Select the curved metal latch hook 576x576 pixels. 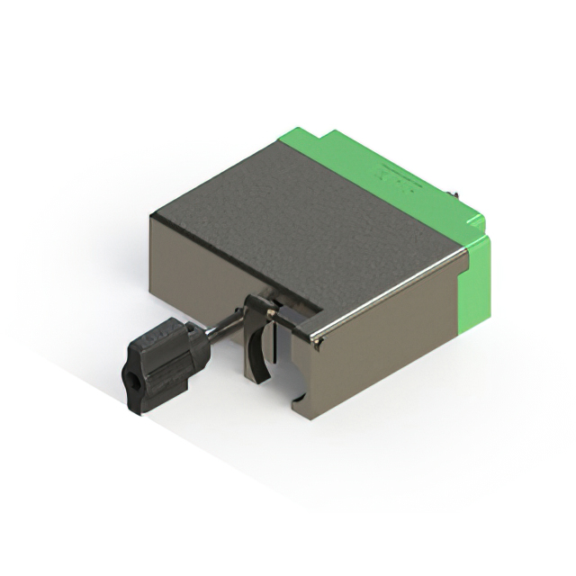[258, 346]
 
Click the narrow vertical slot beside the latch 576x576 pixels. [286, 351]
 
